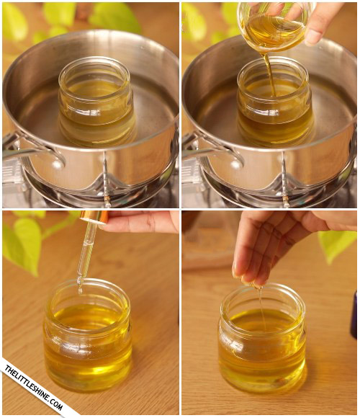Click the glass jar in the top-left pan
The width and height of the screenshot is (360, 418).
[x=96, y=102]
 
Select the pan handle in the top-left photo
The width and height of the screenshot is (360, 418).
[x=32, y=151]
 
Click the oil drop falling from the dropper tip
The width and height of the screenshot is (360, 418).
[x=80, y=290]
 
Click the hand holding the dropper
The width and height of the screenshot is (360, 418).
[x=141, y=222]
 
